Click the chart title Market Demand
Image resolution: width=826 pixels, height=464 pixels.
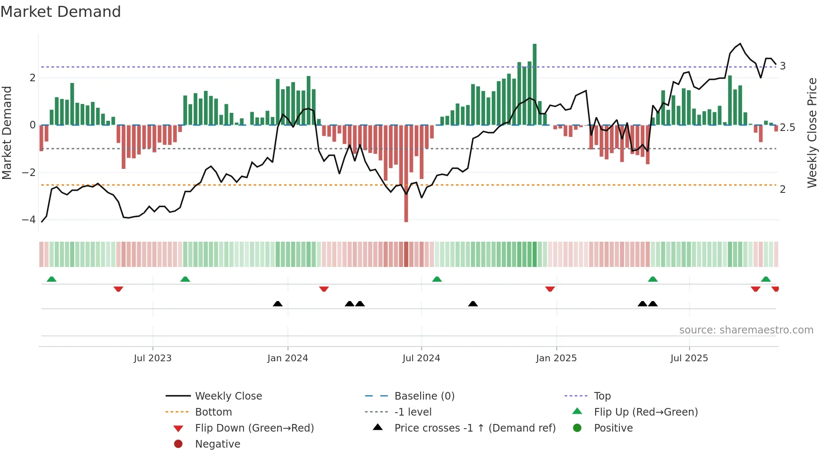click(61, 12)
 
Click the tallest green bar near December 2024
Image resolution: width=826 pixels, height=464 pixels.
click(534, 84)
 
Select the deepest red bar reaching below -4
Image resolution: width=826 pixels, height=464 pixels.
click(406, 177)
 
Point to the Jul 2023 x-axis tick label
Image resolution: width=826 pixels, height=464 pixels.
click(153, 358)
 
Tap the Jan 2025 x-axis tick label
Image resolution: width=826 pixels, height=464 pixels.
click(556, 358)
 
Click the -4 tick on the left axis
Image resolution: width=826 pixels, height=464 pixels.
click(29, 220)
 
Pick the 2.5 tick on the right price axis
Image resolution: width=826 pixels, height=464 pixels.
click(787, 128)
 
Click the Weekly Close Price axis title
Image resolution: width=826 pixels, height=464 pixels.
click(812, 133)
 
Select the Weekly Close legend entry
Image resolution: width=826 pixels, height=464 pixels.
click(228, 396)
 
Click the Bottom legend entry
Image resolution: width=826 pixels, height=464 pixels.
click(213, 412)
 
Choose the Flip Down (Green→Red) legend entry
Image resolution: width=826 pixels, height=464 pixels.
click(254, 428)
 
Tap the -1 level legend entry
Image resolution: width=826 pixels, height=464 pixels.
click(413, 412)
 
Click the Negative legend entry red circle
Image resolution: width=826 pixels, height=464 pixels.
click(178, 444)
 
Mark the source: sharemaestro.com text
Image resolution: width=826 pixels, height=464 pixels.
click(746, 330)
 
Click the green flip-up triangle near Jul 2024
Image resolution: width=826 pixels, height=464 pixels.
click(437, 279)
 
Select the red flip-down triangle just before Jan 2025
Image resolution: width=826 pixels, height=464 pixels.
click(550, 289)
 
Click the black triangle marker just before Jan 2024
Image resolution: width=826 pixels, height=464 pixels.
click(278, 304)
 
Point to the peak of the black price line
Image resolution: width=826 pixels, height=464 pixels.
click(740, 44)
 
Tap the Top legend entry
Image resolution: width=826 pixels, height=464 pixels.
click(602, 396)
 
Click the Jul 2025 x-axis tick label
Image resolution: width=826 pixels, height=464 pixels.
click(689, 358)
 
